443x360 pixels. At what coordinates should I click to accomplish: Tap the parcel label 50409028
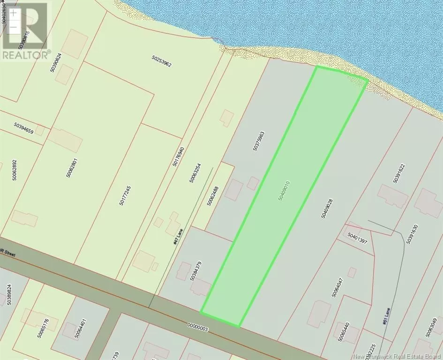coord(327,208)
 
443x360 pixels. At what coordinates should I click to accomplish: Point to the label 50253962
coord(162,61)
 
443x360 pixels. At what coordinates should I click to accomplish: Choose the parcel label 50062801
coord(68,167)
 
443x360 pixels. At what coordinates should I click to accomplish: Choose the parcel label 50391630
coord(409,233)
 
